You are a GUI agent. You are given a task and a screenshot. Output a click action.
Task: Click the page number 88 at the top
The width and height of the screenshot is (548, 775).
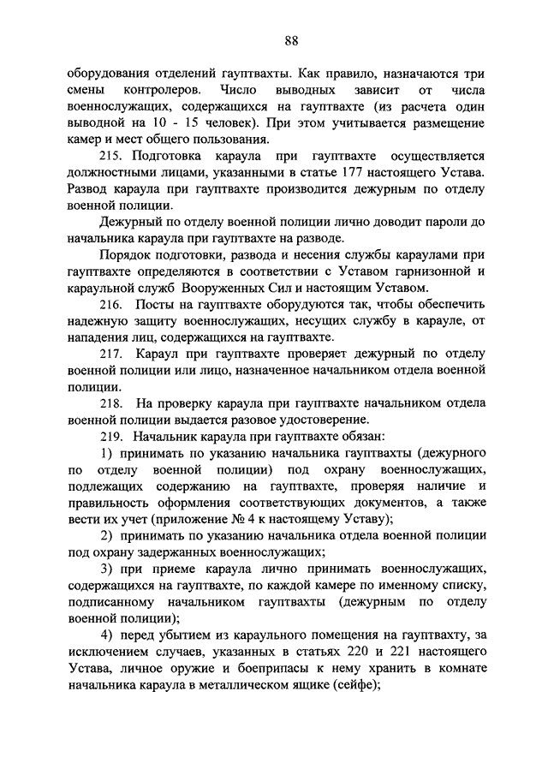[x=291, y=40]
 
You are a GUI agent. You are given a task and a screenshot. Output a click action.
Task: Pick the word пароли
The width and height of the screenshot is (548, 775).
[x=448, y=222]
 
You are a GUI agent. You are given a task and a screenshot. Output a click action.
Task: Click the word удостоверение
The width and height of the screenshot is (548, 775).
[x=319, y=419]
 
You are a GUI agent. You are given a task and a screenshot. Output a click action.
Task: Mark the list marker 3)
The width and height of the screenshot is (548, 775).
[x=109, y=569]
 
